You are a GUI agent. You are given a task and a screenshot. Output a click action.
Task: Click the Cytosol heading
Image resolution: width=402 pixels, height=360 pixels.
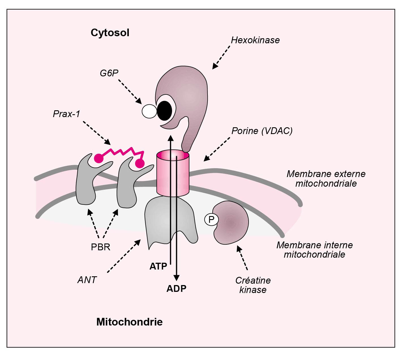(110, 33)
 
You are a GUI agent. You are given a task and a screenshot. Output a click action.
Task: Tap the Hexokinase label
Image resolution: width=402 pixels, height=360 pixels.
(255, 40)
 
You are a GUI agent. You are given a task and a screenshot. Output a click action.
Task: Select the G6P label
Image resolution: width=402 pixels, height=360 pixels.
(109, 73)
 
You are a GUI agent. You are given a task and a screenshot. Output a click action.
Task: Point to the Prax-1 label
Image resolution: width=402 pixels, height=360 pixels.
(67, 114)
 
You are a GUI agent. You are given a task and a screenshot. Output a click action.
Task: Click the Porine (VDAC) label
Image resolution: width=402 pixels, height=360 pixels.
(262, 131)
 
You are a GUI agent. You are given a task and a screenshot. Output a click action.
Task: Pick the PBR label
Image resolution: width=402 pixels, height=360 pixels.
(100, 247)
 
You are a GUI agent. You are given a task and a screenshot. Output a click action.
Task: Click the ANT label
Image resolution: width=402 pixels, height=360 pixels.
(87, 280)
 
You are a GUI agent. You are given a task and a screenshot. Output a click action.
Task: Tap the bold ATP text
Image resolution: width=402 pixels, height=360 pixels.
(158, 266)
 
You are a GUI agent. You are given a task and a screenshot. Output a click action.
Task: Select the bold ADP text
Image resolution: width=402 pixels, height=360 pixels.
(176, 289)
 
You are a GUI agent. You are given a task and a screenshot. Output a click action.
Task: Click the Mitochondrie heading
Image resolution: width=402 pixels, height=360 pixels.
(129, 322)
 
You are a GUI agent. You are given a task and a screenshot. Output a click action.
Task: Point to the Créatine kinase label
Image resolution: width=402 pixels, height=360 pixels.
(253, 285)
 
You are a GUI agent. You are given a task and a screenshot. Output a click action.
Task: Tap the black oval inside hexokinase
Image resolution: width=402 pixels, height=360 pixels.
(164, 110)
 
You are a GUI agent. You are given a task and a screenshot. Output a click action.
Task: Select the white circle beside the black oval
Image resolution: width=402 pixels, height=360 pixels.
(149, 111)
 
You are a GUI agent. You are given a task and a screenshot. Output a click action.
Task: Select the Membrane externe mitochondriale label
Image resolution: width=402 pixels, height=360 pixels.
(326, 179)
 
